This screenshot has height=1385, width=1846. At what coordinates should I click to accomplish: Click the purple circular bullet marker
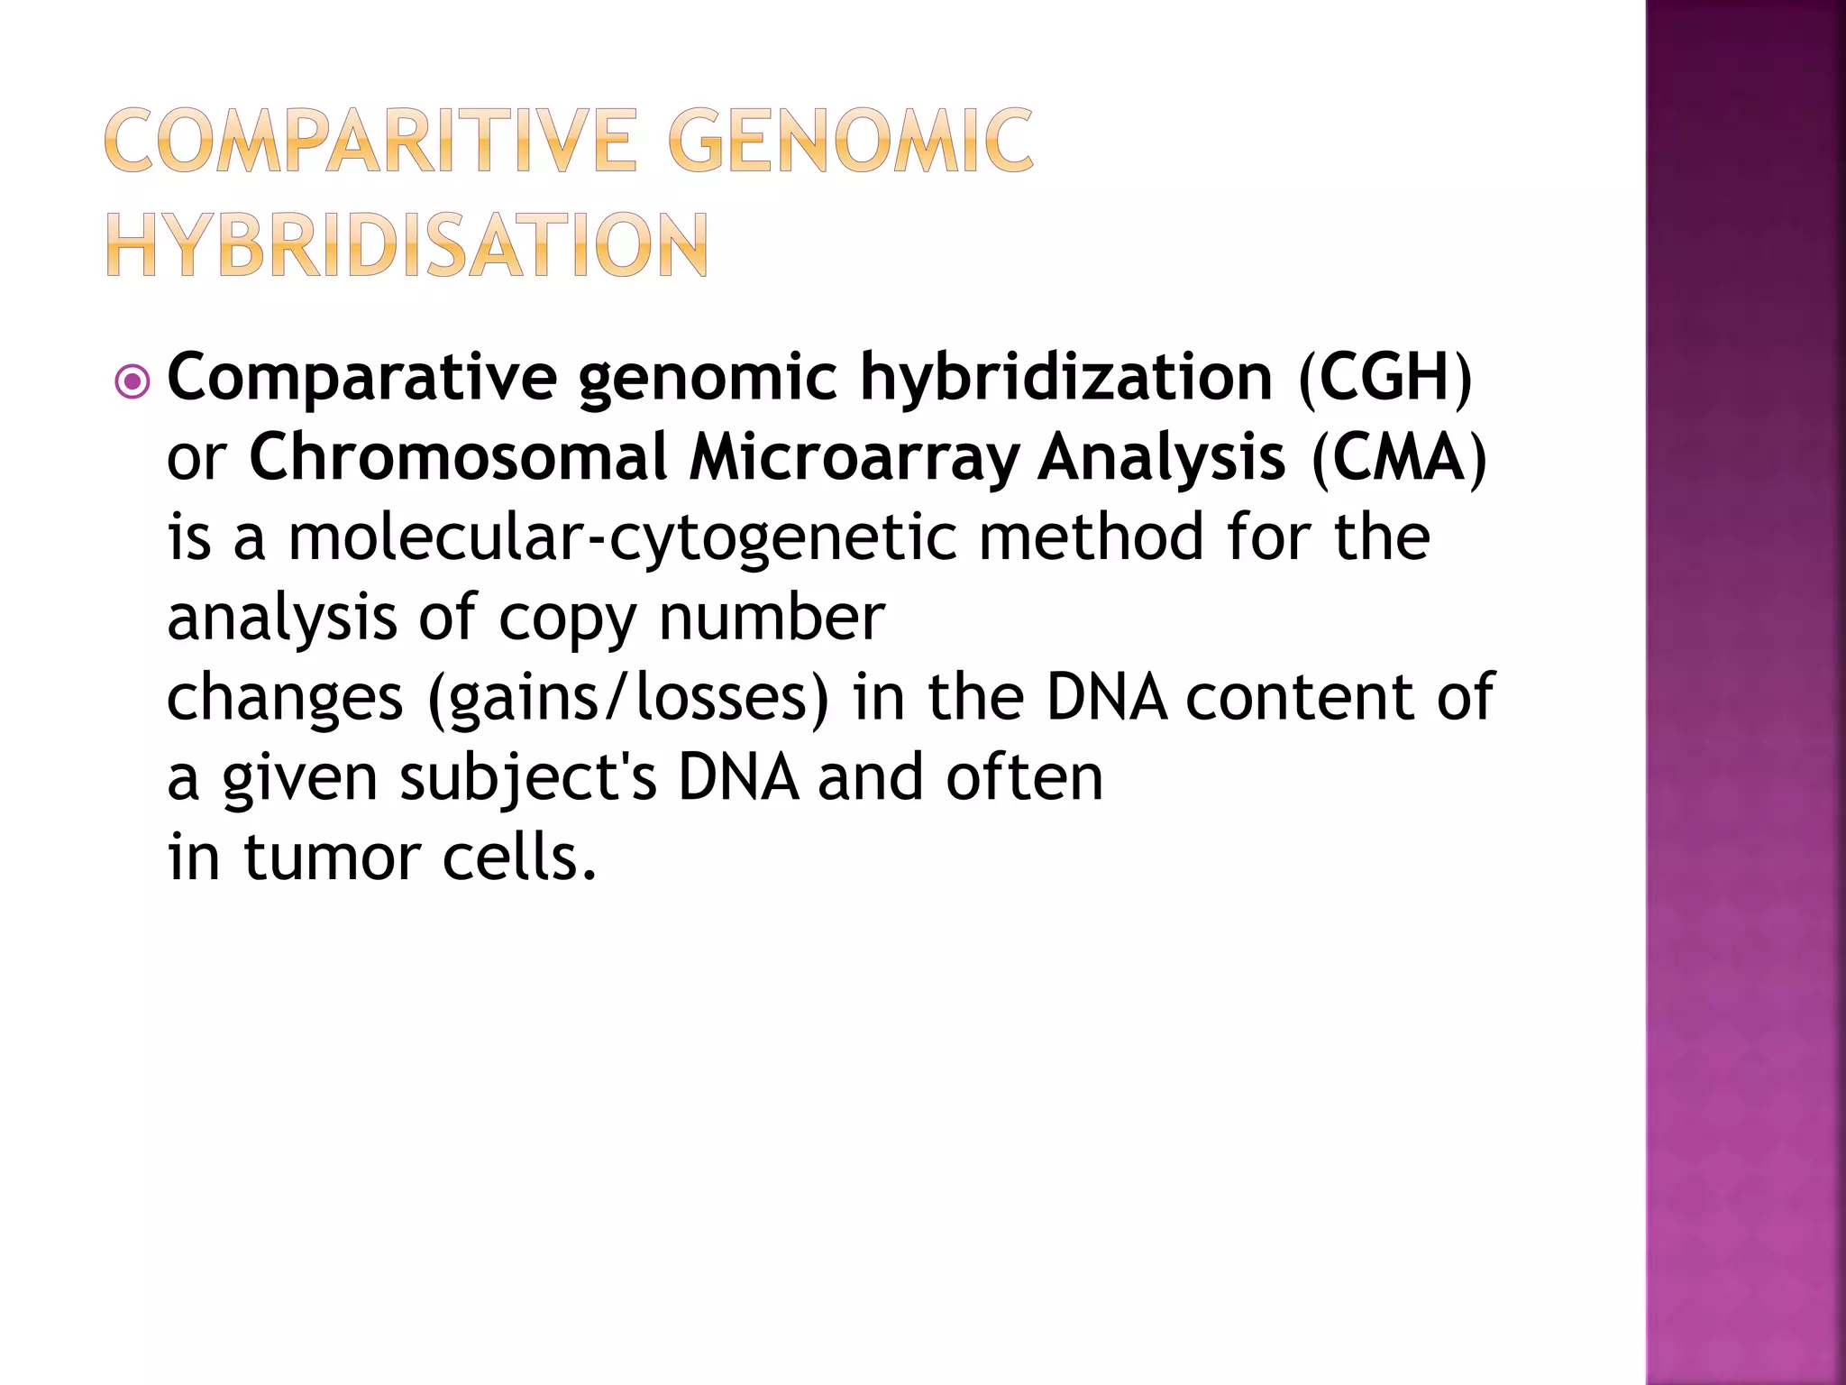click(x=133, y=382)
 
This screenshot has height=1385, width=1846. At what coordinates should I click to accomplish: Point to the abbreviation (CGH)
click(x=1384, y=377)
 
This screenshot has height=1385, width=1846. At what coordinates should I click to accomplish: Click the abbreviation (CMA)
click(x=1398, y=458)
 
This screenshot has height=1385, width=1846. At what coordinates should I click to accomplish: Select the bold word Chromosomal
click(x=457, y=457)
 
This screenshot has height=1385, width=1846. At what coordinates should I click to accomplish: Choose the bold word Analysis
click(x=1161, y=457)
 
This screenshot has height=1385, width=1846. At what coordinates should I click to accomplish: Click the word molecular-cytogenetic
click(x=622, y=538)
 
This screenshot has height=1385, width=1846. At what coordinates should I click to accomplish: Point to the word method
click(x=1092, y=537)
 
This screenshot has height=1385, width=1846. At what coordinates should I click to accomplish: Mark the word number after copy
click(x=772, y=618)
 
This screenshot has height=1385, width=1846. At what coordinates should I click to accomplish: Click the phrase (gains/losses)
click(x=627, y=698)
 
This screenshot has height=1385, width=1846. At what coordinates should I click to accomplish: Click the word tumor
click(x=332, y=858)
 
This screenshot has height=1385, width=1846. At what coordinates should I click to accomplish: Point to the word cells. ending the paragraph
click(x=519, y=858)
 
